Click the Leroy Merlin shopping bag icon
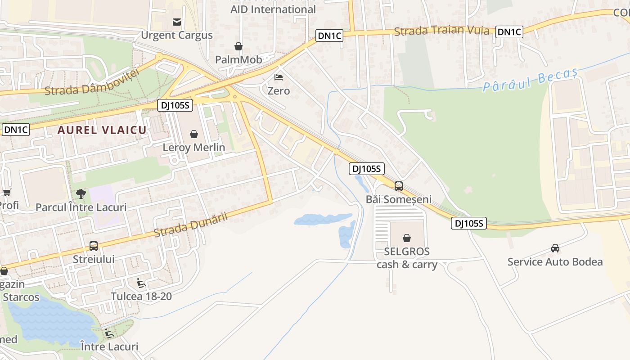(194, 134)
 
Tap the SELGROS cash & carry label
(407, 258)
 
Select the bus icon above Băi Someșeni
(398, 186)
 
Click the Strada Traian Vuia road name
(441, 31)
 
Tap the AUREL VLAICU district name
(102, 130)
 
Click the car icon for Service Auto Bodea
(555, 248)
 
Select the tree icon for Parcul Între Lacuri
(81, 194)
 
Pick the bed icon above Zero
(279, 77)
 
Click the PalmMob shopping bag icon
(238, 46)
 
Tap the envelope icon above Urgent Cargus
(177, 22)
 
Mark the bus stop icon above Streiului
(94, 246)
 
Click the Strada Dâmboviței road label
(90, 84)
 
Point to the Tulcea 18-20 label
(141, 297)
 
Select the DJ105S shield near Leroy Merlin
(175, 105)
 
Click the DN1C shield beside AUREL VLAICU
(16, 130)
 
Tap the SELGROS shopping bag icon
(407, 238)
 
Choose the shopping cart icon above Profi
(7, 193)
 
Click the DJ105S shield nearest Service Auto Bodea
(469, 223)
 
